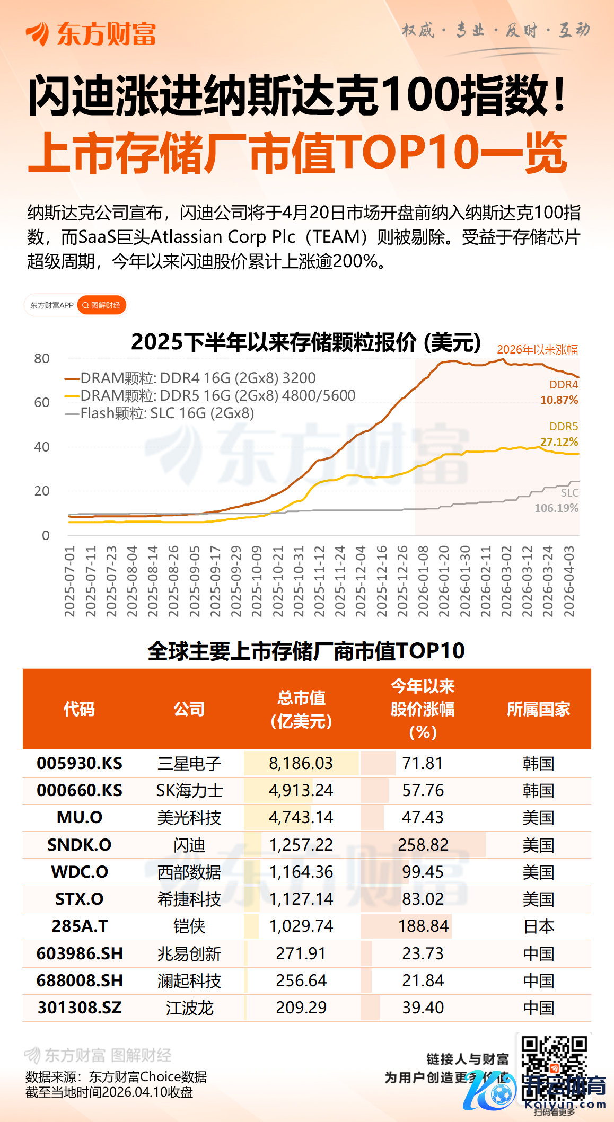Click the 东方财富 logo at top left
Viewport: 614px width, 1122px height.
[x=91, y=34]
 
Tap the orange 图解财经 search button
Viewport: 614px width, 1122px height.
[x=102, y=305]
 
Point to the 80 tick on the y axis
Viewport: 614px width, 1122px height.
[x=42, y=359]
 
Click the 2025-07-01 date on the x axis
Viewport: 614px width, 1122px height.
[x=69, y=581]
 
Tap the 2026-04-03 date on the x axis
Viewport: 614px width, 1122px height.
[x=569, y=581]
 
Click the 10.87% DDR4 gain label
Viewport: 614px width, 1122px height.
[x=559, y=400]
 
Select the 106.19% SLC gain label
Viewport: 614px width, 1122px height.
[x=556, y=508]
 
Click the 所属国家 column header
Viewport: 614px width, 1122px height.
[x=538, y=709]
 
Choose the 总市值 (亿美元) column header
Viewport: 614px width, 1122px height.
[x=301, y=709]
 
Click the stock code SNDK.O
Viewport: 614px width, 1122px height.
[x=80, y=845]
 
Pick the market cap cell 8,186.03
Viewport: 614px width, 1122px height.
[x=301, y=763]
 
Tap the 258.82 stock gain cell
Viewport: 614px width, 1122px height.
[x=423, y=845]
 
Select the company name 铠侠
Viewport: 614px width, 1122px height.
[x=189, y=926]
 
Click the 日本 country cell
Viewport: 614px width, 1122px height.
[x=538, y=926]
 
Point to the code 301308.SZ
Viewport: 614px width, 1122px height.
[x=80, y=1008]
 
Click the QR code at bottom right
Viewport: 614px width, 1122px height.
[x=554, y=1065]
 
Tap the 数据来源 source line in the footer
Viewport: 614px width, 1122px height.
[x=116, y=1077]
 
